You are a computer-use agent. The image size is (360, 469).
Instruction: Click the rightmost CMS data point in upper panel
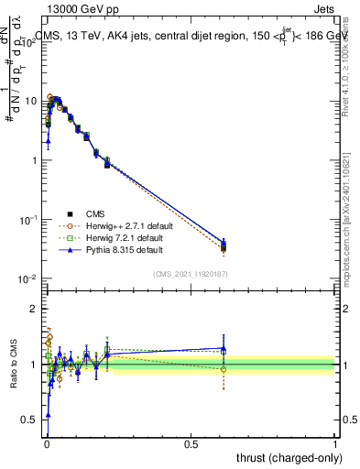[223, 246]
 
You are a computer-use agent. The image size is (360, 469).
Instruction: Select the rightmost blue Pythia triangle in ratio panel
[223, 348]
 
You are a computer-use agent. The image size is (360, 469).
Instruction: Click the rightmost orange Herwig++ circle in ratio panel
[223, 369]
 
